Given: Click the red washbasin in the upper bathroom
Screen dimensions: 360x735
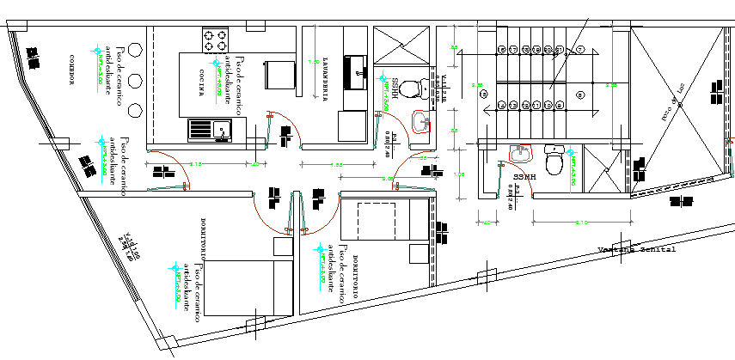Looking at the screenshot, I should pos(421,123).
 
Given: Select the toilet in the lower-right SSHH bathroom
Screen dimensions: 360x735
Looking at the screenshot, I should pos(554,161).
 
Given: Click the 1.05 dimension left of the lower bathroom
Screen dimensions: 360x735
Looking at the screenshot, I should pos(458,174).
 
